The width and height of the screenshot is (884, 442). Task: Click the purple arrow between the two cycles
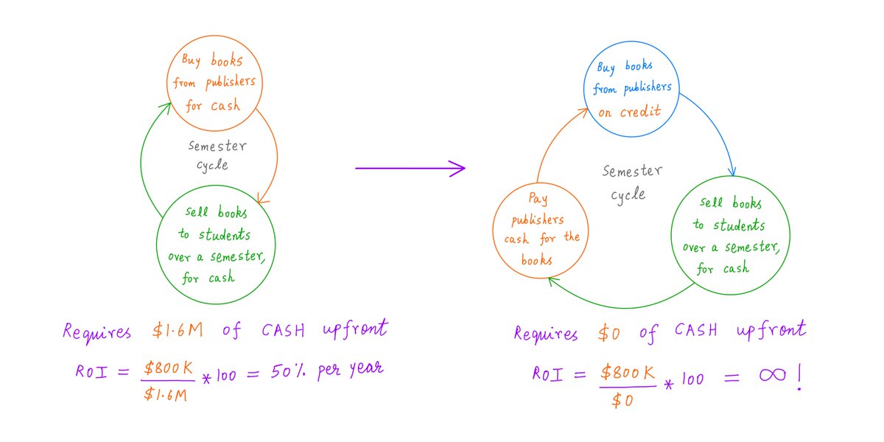coord(410,169)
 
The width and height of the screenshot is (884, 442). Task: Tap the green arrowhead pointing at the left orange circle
coord(169,108)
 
